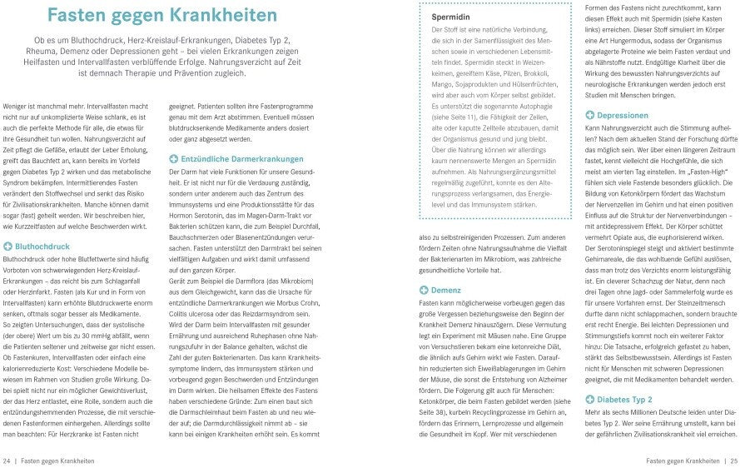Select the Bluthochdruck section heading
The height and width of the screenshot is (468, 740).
42,246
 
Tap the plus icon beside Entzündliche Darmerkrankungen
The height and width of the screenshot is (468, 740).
173,157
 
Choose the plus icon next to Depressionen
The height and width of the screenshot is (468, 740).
590,115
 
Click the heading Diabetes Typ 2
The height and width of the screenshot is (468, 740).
625,399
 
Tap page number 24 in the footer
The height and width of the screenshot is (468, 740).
7,460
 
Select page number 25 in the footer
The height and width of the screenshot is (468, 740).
732,460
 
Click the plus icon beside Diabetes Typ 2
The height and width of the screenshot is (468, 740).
590,399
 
